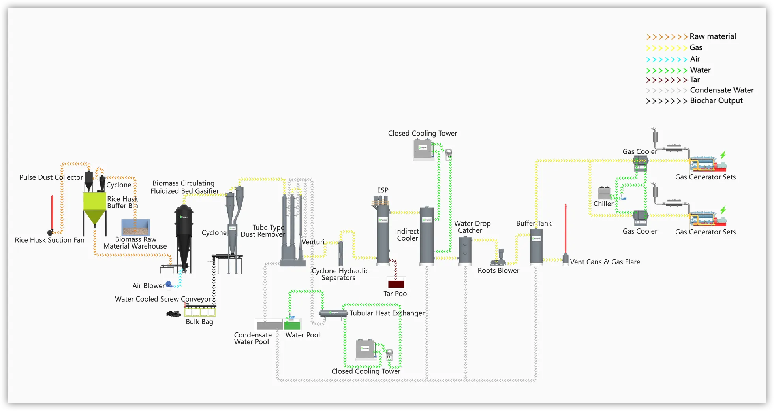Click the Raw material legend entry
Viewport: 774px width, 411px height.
tap(712, 36)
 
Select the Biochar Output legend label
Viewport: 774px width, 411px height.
tap(716, 101)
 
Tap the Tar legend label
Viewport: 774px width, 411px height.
tap(695, 80)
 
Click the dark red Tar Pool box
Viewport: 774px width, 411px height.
tap(396, 283)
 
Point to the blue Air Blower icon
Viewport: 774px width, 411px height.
tap(169, 284)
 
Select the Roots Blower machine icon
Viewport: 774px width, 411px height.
tap(500, 258)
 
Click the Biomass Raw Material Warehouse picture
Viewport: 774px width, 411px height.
tap(135, 228)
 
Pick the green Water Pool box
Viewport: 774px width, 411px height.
tap(292, 325)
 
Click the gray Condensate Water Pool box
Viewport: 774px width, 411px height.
tap(269, 325)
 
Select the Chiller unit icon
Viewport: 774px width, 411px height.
tap(604, 193)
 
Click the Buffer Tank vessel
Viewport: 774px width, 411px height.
tap(536, 247)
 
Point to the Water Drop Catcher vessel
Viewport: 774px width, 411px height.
tap(465, 251)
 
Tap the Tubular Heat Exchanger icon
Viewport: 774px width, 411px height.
tap(333, 314)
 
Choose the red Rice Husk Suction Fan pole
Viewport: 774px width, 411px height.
tap(52, 213)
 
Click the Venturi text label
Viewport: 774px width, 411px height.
tap(313, 242)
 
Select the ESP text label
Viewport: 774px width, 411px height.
tap(382, 190)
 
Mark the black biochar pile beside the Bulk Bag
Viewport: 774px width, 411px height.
tap(173, 314)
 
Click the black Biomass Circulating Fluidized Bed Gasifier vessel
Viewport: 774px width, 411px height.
tap(184, 237)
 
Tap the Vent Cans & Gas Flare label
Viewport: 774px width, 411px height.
tap(605, 262)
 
